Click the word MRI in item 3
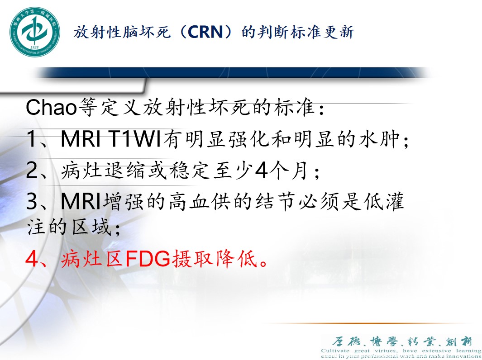click(x=82, y=202)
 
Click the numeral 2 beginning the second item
click(x=32, y=171)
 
